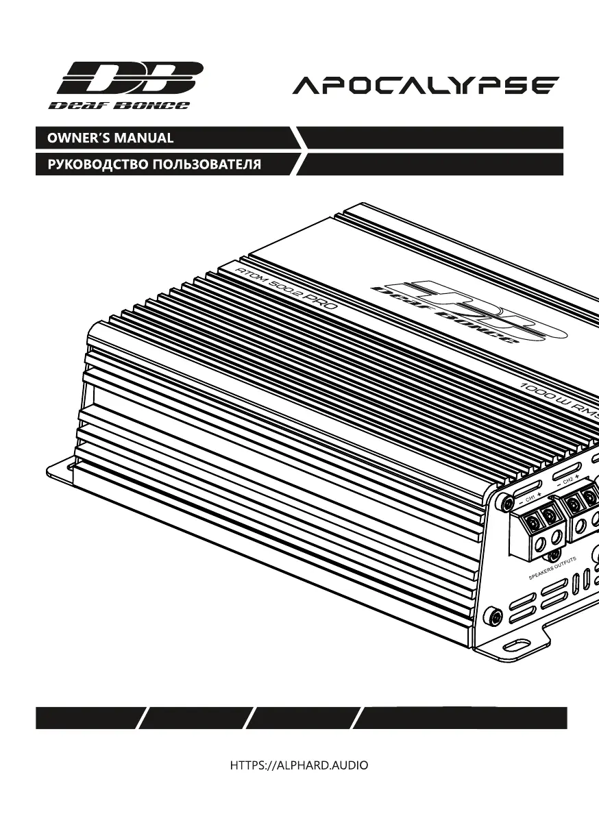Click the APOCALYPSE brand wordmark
(x=426, y=86)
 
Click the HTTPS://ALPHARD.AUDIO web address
(x=299, y=765)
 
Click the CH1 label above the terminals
(x=532, y=497)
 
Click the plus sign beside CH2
(x=578, y=477)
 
